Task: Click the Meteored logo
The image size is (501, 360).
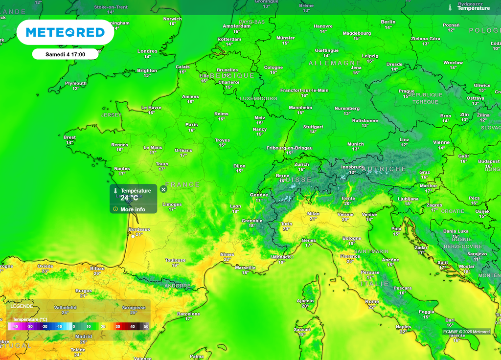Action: (x=65, y=32)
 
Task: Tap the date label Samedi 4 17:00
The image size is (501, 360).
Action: (x=65, y=54)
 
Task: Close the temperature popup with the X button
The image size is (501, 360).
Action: (x=163, y=189)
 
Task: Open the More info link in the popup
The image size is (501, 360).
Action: (x=133, y=209)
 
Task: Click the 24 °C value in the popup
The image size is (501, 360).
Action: (x=130, y=198)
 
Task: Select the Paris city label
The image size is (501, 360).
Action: (x=191, y=125)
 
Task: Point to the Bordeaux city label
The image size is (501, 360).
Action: (x=139, y=229)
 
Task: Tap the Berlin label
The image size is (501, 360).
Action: (x=388, y=22)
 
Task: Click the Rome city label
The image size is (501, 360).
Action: (x=372, y=301)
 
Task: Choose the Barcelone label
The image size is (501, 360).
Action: (x=188, y=314)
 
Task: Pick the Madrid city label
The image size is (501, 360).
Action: (x=83, y=337)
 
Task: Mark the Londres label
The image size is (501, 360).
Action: (x=147, y=51)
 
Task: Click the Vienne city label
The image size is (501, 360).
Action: (x=441, y=142)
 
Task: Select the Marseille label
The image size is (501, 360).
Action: (x=245, y=268)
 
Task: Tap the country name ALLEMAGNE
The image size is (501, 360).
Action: (x=335, y=64)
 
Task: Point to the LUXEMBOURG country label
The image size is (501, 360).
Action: (x=258, y=98)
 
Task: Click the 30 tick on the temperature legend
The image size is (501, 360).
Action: (x=117, y=326)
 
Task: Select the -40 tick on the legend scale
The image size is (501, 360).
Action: (x=15, y=326)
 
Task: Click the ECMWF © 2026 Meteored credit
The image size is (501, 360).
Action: (x=466, y=332)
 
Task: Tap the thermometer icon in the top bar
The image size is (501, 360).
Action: (x=450, y=8)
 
